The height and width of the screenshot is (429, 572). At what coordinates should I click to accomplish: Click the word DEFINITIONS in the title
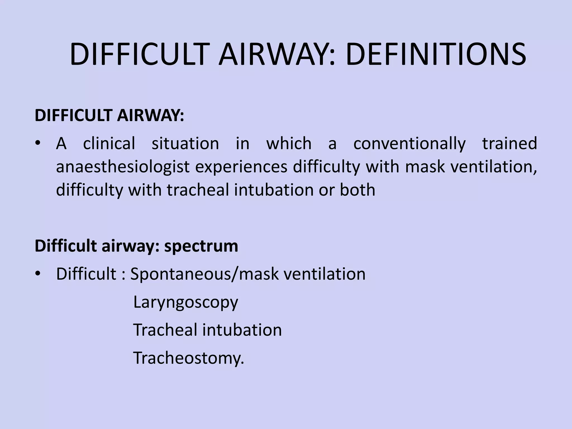436,54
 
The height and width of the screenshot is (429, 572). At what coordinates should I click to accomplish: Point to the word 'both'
357,190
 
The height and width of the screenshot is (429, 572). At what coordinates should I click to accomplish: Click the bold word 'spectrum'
201,246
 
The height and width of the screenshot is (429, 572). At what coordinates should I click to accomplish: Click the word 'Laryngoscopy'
186,302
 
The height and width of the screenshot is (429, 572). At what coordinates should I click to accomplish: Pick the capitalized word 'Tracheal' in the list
165,330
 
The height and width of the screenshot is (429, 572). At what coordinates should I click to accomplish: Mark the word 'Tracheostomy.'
189,358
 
